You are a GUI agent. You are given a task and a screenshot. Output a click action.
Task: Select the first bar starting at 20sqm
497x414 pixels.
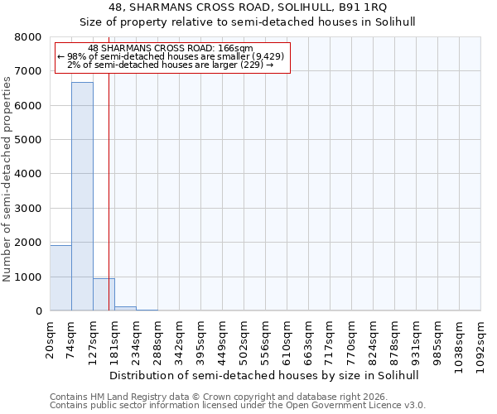click(60, 278)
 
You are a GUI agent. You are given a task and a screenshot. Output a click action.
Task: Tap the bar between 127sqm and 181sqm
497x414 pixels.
click(104, 295)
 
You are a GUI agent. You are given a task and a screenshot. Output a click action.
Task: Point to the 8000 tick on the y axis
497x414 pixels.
click(29, 37)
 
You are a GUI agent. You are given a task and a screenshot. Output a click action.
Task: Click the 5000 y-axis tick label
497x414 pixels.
click(29, 140)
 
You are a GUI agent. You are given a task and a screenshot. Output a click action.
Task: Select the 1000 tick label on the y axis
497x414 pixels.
click(29, 277)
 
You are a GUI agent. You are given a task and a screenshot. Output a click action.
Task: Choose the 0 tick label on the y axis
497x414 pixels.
click(38, 311)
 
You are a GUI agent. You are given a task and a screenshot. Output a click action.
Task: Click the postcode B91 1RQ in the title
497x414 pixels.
click(365, 7)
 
